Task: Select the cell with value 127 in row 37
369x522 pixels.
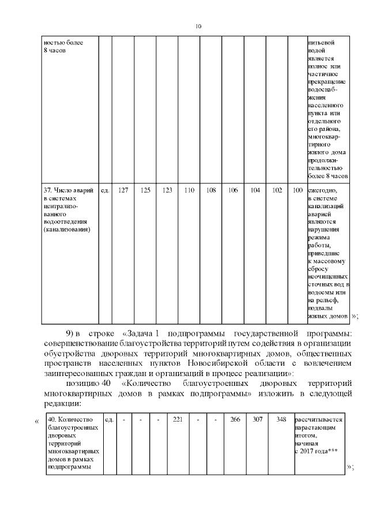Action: (x=123, y=190)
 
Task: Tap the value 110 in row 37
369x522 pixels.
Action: (x=189, y=190)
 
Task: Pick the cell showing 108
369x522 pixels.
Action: (x=211, y=190)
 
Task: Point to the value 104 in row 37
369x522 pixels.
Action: (x=255, y=190)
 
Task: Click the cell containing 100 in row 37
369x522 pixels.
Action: (x=298, y=190)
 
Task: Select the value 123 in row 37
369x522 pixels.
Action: (x=167, y=190)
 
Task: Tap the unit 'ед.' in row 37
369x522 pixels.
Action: (x=105, y=190)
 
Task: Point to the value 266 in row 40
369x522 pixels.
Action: (x=235, y=419)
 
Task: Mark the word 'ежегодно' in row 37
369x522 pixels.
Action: (x=322, y=190)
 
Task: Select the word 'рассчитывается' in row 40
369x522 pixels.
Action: (x=319, y=419)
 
